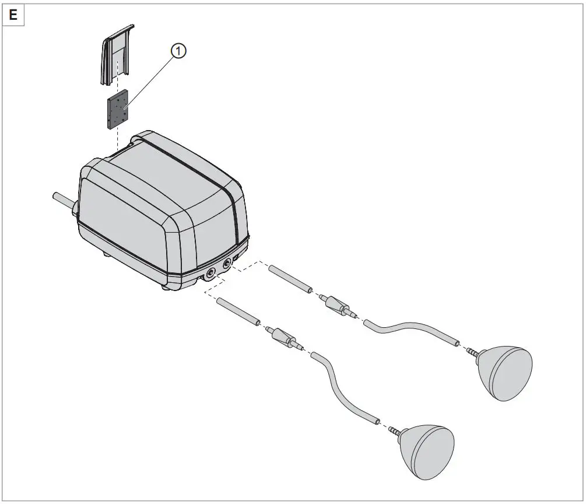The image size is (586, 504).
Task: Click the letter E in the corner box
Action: point(13,15)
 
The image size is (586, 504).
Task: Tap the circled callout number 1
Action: point(178,51)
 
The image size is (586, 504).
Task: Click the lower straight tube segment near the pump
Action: point(238,311)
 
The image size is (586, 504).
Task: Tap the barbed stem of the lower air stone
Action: point(395,431)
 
